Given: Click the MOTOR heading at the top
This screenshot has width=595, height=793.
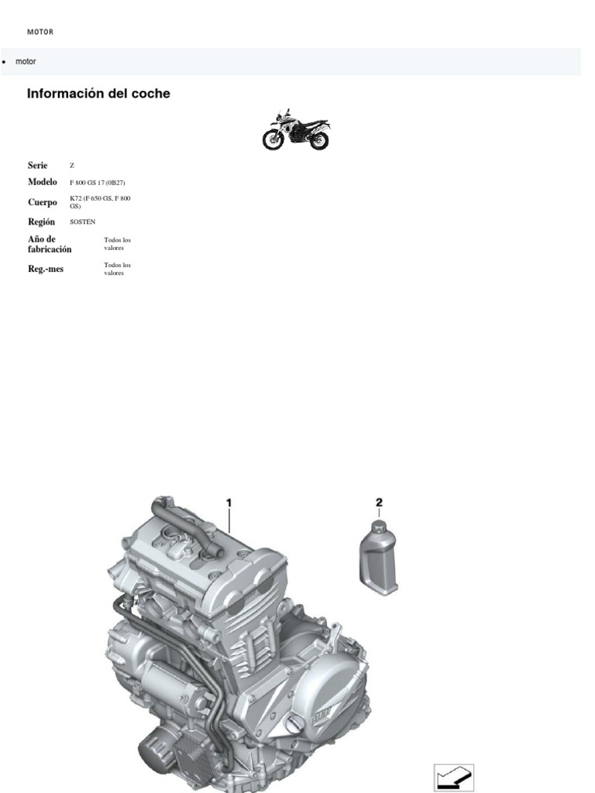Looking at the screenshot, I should [x=40, y=33].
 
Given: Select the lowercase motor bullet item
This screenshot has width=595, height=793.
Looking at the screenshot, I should [x=26, y=61].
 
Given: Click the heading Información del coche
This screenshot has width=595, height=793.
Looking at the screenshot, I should [x=98, y=94].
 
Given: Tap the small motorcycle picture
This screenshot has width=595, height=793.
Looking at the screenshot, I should [x=296, y=130].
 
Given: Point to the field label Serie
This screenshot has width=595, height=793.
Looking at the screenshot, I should [x=38, y=166].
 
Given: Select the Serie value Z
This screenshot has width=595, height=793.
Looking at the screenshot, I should [x=72, y=166].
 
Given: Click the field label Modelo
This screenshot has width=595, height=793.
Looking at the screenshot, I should [x=43, y=182].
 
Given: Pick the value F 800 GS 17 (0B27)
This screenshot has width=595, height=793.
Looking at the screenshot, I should [x=97, y=183].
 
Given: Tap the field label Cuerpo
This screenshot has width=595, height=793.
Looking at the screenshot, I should [x=43, y=202].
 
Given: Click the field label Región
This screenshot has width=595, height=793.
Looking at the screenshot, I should [x=41, y=221].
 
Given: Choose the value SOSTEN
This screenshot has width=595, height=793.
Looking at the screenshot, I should [x=82, y=222].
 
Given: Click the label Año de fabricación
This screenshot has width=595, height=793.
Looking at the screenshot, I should [x=50, y=244].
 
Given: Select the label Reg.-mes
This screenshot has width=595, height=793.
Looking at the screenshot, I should [x=46, y=269].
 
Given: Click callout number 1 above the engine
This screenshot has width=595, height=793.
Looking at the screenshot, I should [x=229, y=503].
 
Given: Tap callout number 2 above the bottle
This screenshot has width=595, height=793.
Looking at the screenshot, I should [x=379, y=503].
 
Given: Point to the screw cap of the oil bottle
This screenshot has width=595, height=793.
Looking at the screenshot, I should [x=378, y=527].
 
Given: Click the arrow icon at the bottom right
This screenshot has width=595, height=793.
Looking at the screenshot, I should [x=454, y=778].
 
